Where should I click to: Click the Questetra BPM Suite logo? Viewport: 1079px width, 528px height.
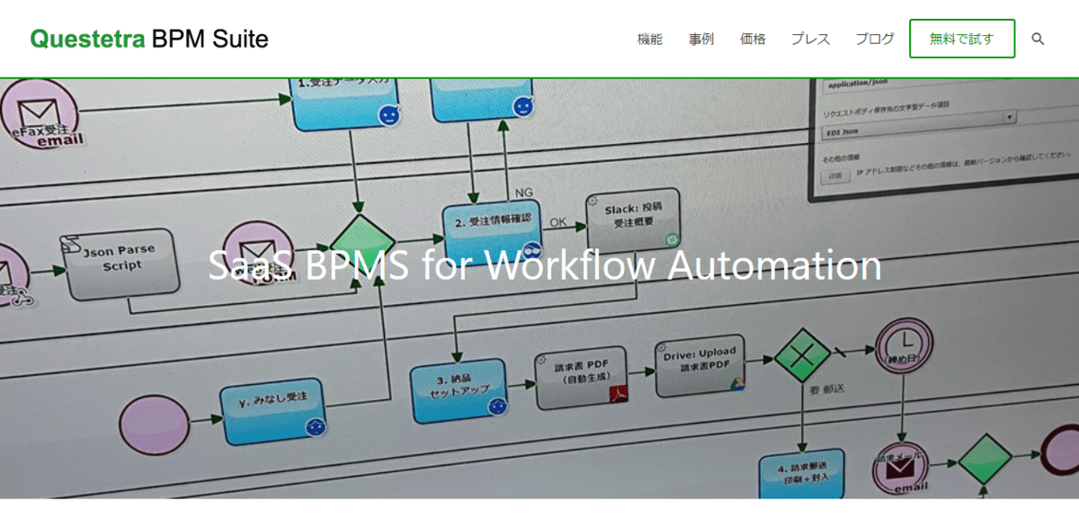(149, 39)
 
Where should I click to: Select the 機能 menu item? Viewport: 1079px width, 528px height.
(649, 39)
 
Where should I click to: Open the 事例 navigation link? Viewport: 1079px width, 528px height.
(701, 39)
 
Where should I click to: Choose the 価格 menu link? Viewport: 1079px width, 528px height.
(753, 39)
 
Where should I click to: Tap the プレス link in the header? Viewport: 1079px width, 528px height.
(810, 39)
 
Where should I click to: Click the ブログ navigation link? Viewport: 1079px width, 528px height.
(875, 39)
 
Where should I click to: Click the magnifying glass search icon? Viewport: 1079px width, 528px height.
(1038, 39)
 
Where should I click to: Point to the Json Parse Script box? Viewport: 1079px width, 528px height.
(119, 262)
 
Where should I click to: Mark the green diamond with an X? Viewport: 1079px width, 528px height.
(800, 356)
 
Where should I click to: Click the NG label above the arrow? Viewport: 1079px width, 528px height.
(524, 192)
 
